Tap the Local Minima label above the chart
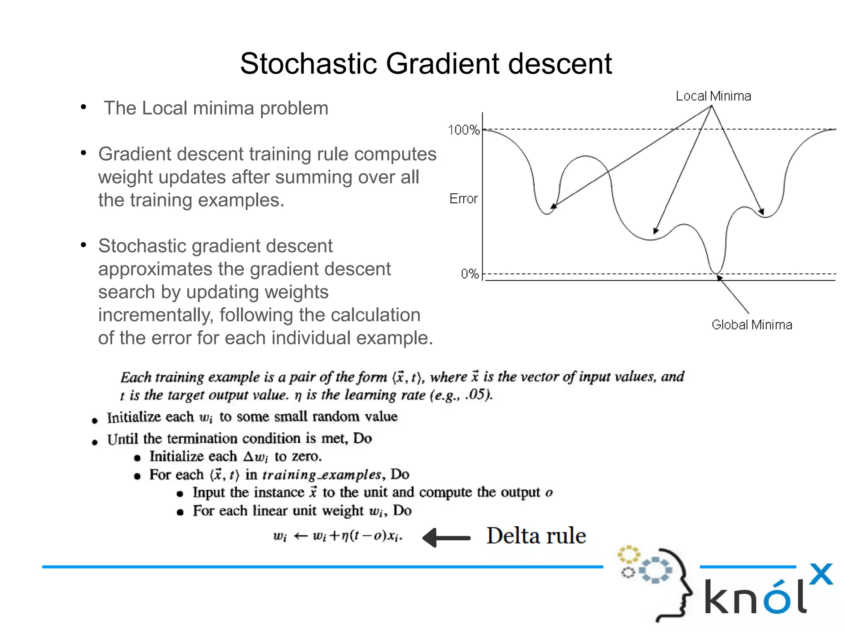tap(713, 96)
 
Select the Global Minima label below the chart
tap(752, 325)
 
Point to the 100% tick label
tap(464, 130)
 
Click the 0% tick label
tap(470, 274)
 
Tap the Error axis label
tap(463, 199)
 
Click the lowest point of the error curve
tap(717, 272)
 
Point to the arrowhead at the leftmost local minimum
tap(554, 206)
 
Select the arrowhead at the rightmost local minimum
tap(762, 212)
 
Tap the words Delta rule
tap(536, 536)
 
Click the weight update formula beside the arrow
tap(338, 536)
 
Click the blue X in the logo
tap(821, 574)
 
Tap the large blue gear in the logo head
tap(655, 570)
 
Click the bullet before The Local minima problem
tap(84, 107)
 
